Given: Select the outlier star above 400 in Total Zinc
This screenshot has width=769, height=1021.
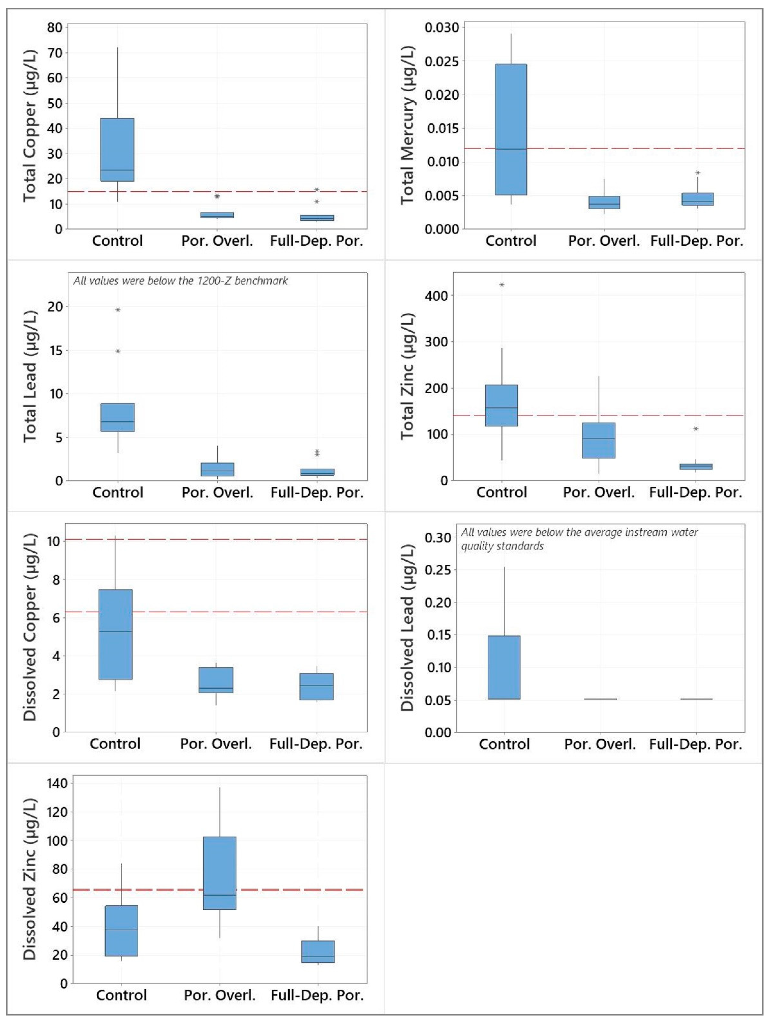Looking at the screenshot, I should [502, 285].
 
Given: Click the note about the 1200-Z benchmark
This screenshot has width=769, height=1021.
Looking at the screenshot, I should [181, 281].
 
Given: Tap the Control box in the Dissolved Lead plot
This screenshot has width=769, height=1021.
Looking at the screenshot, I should [504, 667].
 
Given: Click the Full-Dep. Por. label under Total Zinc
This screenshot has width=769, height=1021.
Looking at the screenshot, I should [695, 492].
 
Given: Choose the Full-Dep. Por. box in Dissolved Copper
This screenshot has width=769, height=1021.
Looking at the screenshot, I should [317, 686].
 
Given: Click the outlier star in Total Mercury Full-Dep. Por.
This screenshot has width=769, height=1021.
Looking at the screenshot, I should [697, 173].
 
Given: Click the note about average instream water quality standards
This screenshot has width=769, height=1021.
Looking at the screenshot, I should [579, 539].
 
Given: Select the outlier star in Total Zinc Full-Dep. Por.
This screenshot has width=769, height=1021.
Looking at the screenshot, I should [696, 429].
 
